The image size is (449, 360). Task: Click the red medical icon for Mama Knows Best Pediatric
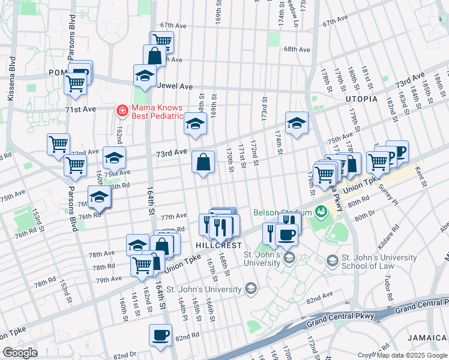[122, 110]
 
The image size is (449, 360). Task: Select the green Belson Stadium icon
[321, 211]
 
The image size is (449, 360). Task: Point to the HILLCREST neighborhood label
[218, 246]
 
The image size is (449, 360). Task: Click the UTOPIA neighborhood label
[361, 98]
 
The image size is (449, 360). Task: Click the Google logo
[20, 353]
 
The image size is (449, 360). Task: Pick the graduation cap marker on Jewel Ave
[145, 76]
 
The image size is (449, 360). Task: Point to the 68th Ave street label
[297, 49]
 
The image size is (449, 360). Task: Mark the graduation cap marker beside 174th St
[296, 123]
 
